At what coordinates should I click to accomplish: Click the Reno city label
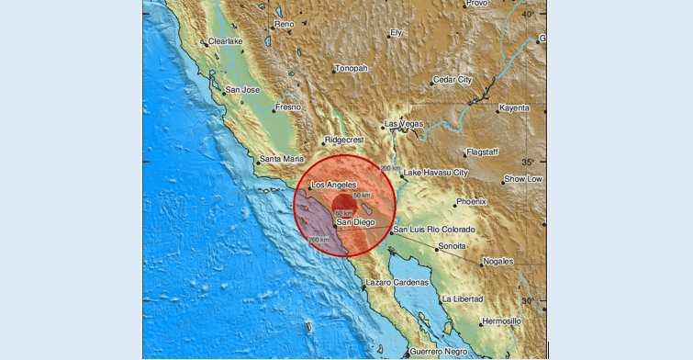pos(285,24)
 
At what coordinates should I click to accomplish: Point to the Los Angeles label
pos(334,185)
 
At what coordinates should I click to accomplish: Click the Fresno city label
pos(290,107)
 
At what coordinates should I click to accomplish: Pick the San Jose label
pos(244,90)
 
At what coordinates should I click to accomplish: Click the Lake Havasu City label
pos(436,173)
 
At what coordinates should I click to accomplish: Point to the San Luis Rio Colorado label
pos(434,229)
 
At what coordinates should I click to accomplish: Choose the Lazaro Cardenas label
pos(399,282)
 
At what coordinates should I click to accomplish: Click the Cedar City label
pos(457,79)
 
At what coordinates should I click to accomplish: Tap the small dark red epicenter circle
pos(342,204)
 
